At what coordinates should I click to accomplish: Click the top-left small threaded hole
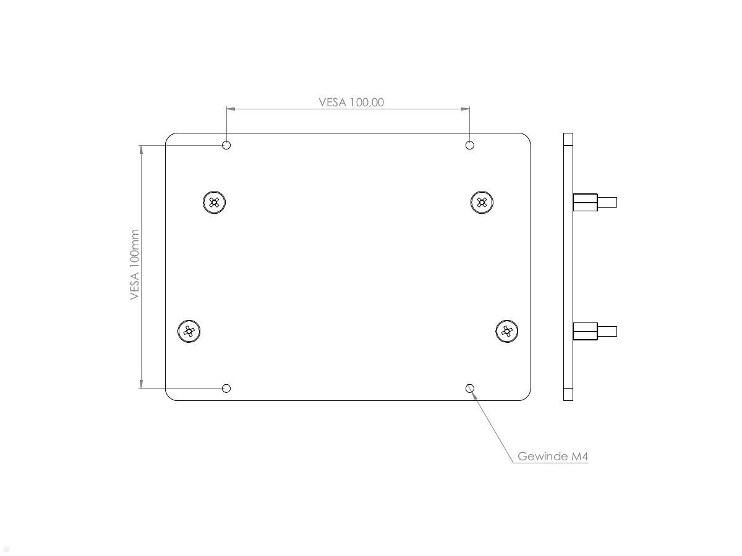click(x=226, y=145)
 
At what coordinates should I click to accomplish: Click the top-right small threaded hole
click(x=470, y=145)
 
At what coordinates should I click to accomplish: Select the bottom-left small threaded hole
click(x=226, y=388)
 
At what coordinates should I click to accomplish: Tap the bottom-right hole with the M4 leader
click(x=470, y=388)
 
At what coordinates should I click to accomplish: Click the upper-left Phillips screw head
click(x=214, y=202)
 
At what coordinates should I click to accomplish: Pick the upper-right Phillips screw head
click(x=482, y=202)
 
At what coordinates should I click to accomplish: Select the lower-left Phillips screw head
click(x=189, y=331)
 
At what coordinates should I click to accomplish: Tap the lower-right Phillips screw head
click(x=507, y=331)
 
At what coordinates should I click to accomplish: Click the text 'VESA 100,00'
click(x=351, y=102)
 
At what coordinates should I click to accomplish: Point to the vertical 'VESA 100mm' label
click(x=135, y=265)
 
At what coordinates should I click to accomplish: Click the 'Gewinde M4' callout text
click(x=553, y=457)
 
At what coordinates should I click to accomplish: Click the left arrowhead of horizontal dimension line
click(x=230, y=109)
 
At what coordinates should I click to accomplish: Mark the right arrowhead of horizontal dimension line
click(x=466, y=109)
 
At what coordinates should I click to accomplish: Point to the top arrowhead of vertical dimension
click(x=142, y=149)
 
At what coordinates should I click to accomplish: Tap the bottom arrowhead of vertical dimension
click(x=142, y=384)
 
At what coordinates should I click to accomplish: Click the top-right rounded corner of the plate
click(x=527, y=137)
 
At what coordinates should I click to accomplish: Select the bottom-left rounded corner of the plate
click(x=169, y=397)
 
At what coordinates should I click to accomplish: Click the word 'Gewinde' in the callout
click(x=542, y=457)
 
